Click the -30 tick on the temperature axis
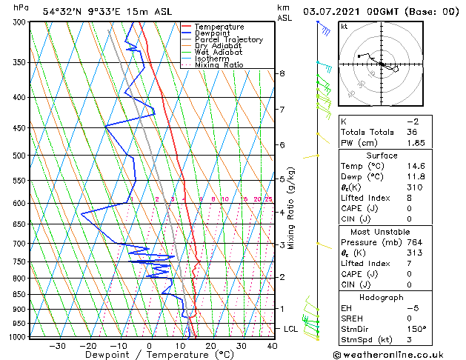click(x=57, y=345)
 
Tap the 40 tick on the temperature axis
click(x=272, y=345)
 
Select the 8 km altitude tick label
click(x=282, y=73)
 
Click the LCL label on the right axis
click(x=291, y=328)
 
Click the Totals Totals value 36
click(x=413, y=132)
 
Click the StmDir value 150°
click(x=416, y=329)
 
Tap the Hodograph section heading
click(x=382, y=296)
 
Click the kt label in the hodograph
click(x=344, y=27)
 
